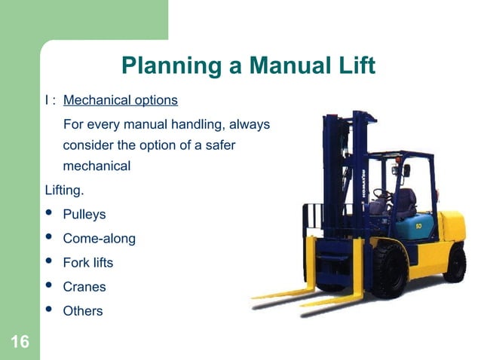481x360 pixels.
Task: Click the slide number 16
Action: [x=20, y=343]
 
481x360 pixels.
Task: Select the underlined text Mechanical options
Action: [x=121, y=100]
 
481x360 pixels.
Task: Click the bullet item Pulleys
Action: [x=84, y=215]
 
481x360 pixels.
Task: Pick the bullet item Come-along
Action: [x=99, y=239]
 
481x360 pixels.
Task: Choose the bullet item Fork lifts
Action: [x=88, y=263]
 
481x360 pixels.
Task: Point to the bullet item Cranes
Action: [x=84, y=287]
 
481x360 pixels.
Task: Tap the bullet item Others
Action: [x=83, y=311]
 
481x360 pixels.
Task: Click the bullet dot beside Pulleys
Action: [x=50, y=215]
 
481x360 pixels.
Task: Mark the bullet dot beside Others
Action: [x=50, y=310]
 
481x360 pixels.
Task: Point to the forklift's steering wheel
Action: [x=384, y=195]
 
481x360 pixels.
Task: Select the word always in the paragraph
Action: [x=250, y=124]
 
